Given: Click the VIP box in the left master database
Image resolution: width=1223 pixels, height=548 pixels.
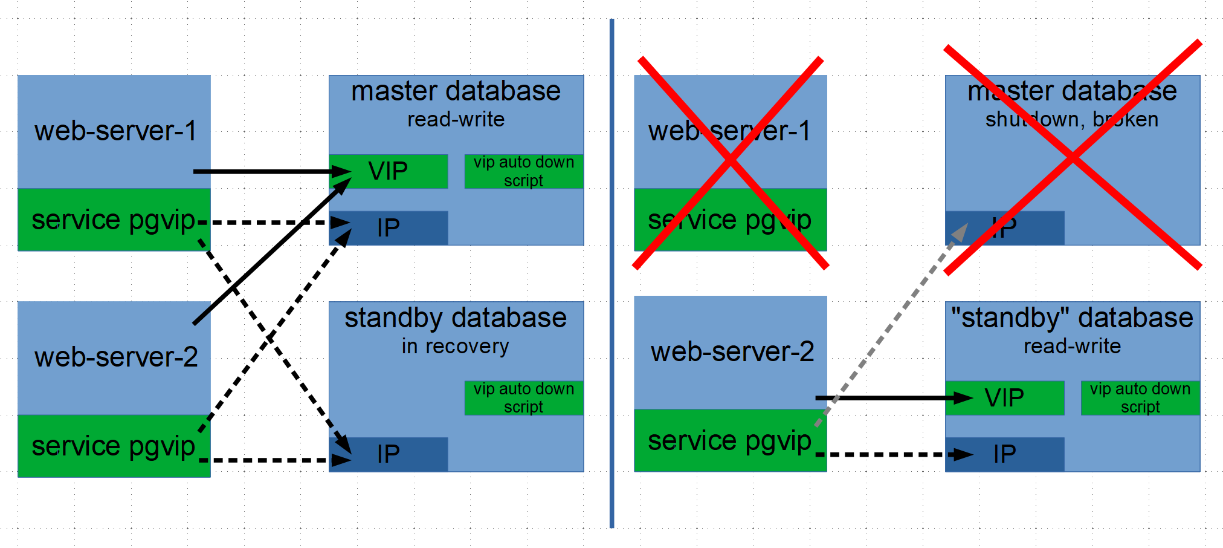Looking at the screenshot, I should click(389, 171).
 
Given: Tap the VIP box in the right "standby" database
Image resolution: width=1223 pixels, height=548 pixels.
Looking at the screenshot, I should click(1004, 398).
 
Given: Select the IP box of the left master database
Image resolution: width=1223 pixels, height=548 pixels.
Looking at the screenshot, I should click(389, 228).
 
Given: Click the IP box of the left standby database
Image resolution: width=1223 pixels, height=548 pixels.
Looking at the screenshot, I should click(389, 454).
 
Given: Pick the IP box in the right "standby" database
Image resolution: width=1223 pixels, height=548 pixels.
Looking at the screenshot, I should click(1004, 454).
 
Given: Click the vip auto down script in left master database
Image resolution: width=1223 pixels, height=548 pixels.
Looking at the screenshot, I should click(524, 171).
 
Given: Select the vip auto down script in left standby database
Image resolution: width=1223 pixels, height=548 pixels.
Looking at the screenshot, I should click(524, 397).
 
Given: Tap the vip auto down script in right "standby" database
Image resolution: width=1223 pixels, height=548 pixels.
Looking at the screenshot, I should click(1140, 397).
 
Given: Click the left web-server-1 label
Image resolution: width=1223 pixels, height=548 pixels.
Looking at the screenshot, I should click(115, 131).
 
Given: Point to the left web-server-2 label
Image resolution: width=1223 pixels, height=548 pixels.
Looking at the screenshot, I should click(115, 357).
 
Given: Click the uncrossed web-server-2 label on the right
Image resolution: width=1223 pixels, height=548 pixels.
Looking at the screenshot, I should click(732, 351).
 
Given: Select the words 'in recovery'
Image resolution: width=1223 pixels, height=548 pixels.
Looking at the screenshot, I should click(456, 346).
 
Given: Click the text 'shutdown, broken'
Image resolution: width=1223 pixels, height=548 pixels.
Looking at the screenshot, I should click(1072, 119).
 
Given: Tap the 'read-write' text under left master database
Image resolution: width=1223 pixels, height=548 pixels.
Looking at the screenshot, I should click(456, 119).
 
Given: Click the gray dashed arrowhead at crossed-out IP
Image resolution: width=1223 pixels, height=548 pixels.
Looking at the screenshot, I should click(960, 232).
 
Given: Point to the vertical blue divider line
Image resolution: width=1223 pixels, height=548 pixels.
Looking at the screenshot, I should click(611, 272).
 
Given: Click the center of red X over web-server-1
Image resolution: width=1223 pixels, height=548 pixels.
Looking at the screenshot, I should click(731, 161).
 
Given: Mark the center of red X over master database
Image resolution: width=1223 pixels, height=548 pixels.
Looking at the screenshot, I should click(1073, 157).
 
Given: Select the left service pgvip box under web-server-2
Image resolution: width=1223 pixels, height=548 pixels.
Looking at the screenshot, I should click(114, 446).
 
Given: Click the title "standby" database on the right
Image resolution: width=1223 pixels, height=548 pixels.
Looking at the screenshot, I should click(1072, 318).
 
